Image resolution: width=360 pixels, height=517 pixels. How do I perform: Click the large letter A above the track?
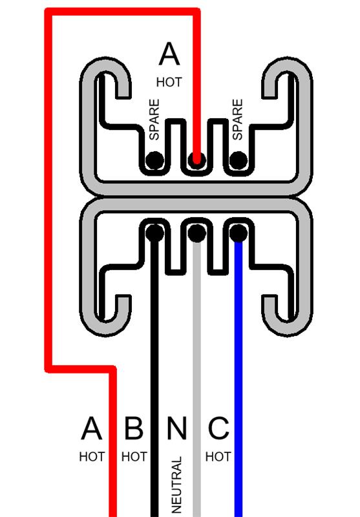click(169, 54)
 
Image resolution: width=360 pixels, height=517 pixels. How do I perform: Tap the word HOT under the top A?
click(169, 82)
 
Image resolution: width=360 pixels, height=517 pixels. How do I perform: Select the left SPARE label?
click(154, 120)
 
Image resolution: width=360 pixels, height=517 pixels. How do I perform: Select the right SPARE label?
click(237, 120)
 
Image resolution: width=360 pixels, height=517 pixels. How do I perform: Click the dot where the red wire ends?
click(197, 160)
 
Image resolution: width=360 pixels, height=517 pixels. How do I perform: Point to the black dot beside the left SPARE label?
click(154, 160)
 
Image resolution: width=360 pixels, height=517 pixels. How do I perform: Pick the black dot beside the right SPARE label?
click(238, 160)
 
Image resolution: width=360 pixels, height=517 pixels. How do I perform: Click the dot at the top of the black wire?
click(154, 233)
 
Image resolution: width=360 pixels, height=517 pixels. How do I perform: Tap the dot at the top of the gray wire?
click(197, 233)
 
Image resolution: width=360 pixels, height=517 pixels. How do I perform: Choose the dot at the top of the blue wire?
click(238, 233)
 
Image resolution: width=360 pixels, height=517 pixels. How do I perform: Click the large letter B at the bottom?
click(134, 428)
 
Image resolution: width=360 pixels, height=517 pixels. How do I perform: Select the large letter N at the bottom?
click(176, 428)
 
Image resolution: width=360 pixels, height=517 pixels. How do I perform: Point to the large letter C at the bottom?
click(218, 428)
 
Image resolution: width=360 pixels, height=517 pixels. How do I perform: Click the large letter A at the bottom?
click(91, 428)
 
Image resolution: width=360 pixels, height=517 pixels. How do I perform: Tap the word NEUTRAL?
click(176, 485)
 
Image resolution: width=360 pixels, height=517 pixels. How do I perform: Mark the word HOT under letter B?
click(134, 457)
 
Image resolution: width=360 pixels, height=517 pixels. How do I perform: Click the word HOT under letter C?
click(218, 457)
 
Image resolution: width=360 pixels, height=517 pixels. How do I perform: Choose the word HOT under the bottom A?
click(92, 457)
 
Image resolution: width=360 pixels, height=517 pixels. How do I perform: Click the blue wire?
click(238, 379)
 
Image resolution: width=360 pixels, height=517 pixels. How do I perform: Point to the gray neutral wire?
click(197, 379)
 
